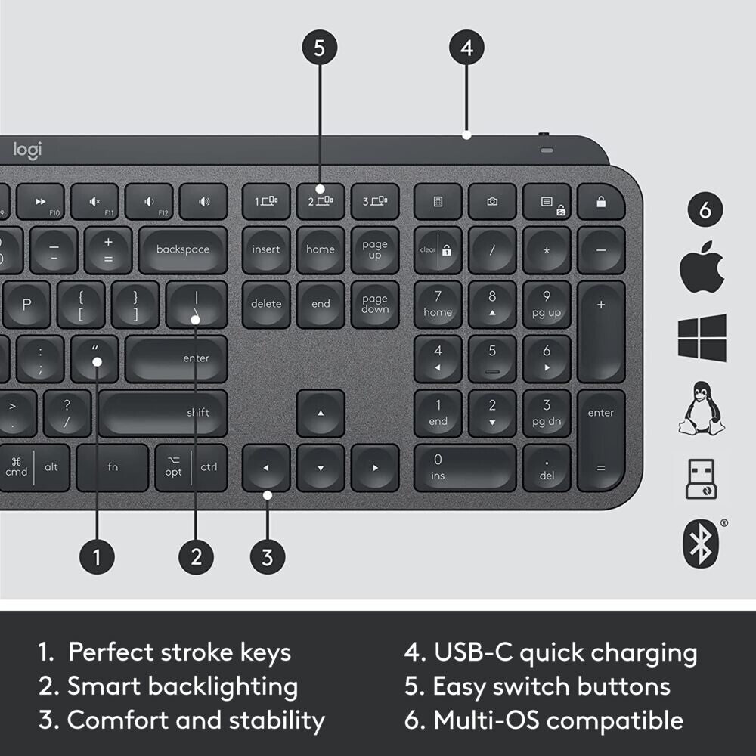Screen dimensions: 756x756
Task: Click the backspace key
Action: pyautogui.click(x=182, y=249)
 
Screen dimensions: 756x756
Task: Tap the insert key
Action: pyautogui.click(x=266, y=249)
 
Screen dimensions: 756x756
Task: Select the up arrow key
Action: pyautogui.click(x=321, y=413)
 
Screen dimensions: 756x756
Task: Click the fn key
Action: pyautogui.click(x=113, y=467)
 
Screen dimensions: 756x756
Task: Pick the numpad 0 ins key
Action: pyautogui.click(x=465, y=467)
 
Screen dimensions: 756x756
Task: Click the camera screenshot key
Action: pyautogui.click(x=492, y=202)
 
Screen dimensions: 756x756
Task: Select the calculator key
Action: pyautogui.click(x=438, y=202)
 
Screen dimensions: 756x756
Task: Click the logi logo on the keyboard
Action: pyautogui.click(x=27, y=150)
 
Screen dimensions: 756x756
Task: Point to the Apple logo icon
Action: pyautogui.click(x=702, y=270)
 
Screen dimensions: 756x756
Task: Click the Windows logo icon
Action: pyautogui.click(x=702, y=338)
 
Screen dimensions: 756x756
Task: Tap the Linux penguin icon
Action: pyautogui.click(x=702, y=408)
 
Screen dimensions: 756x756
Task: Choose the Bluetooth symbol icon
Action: pyautogui.click(x=700, y=543)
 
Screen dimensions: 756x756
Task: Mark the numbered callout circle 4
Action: pyautogui.click(x=466, y=48)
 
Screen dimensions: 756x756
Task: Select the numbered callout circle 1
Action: pyautogui.click(x=97, y=558)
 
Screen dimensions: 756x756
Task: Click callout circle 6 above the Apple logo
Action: pyautogui.click(x=705, y=210)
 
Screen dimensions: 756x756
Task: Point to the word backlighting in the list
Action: pyautogui.click(x=223, y=686)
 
